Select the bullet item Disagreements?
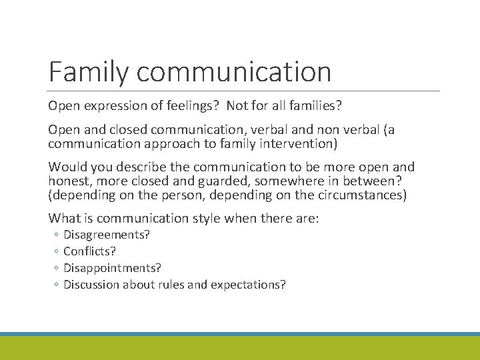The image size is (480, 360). tap(106, 235)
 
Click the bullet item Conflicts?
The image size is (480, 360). tap(89, 251)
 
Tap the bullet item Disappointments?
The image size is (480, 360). tap(112, 268)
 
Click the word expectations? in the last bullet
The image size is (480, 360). tap(248, 285)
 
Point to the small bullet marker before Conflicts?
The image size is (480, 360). tap(56, 252)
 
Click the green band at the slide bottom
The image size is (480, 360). tap(240, 348)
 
